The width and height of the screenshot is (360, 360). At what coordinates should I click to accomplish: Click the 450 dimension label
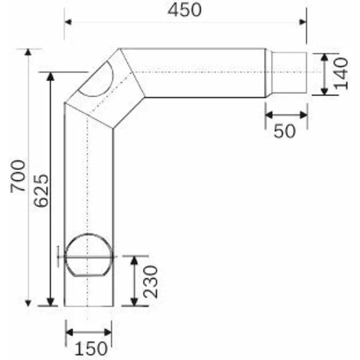[185, 10]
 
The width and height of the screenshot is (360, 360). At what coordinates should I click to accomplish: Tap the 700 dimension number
[18, 176]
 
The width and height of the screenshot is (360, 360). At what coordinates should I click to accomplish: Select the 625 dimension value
[41, 190]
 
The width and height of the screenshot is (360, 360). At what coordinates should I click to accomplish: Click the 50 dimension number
[284, 131]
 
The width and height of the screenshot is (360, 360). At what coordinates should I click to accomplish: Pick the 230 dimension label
[150, 282]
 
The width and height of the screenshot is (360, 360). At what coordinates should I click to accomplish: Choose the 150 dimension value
[91, 348]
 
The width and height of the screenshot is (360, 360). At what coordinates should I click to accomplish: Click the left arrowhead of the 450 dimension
[68, 22]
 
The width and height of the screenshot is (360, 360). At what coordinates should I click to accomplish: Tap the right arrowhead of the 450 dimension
[303, 22]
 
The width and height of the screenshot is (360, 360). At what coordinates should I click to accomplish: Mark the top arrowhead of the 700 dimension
[28, 52]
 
